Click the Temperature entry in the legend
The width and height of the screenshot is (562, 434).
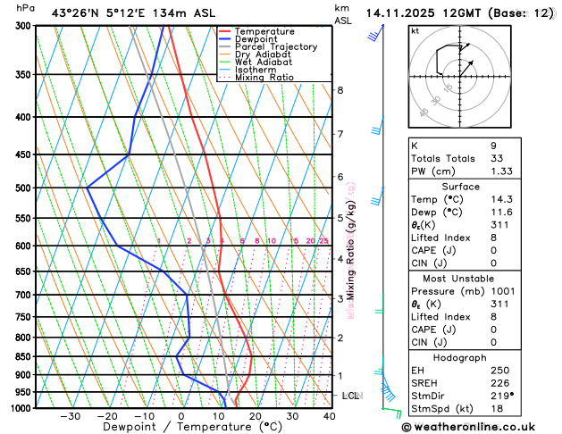[x=264, y=31]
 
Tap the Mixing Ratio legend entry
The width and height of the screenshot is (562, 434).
[x=264, y=78]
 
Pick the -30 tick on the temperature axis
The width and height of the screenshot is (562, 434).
[x=70, y=416]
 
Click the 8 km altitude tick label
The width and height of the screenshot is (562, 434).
[x=340, y=90]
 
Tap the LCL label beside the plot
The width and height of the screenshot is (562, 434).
[x=351, y=395]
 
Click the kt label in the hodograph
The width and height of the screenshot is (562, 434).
[x=415, y=31]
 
